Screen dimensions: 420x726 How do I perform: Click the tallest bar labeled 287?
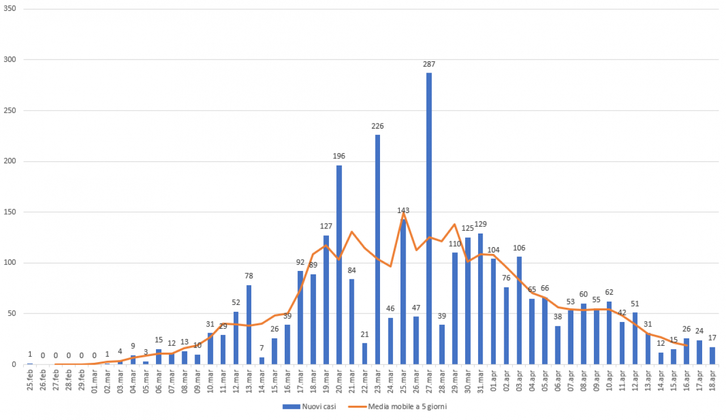pyautogui.click(x=429, y=218)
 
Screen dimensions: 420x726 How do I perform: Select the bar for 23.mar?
pyautogui.click(x=378, y=249)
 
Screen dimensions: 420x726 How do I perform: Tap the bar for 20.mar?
pyautogui.click(x=339, y=265)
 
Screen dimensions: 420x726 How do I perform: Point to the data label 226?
pyautogui.click(x=378, y=126)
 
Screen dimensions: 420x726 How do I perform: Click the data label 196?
pyautogui.click(x=339, y=156)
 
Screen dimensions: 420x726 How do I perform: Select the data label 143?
pyautogui.click(x=403, y=210)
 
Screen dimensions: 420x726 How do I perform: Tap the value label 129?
pyautogui.click(x=480, y=224)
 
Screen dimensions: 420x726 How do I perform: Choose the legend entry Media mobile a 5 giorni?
pyautogui.click(x=406, y=406)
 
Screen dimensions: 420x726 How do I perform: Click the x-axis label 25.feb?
pyautogui.click(x=30, y=378)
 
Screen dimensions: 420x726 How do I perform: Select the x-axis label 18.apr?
pyautogui.click(x=712, y=378)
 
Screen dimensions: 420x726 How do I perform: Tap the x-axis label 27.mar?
pyautogui.click(x=429, y=378)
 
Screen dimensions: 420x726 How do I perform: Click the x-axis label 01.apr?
pyautogui.click(x=493, y=378)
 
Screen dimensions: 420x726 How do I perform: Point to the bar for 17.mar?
pyautogui.click(x=300, y=317)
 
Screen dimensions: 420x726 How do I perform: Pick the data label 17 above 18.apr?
pyautogui.click(x=712, y=338)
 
